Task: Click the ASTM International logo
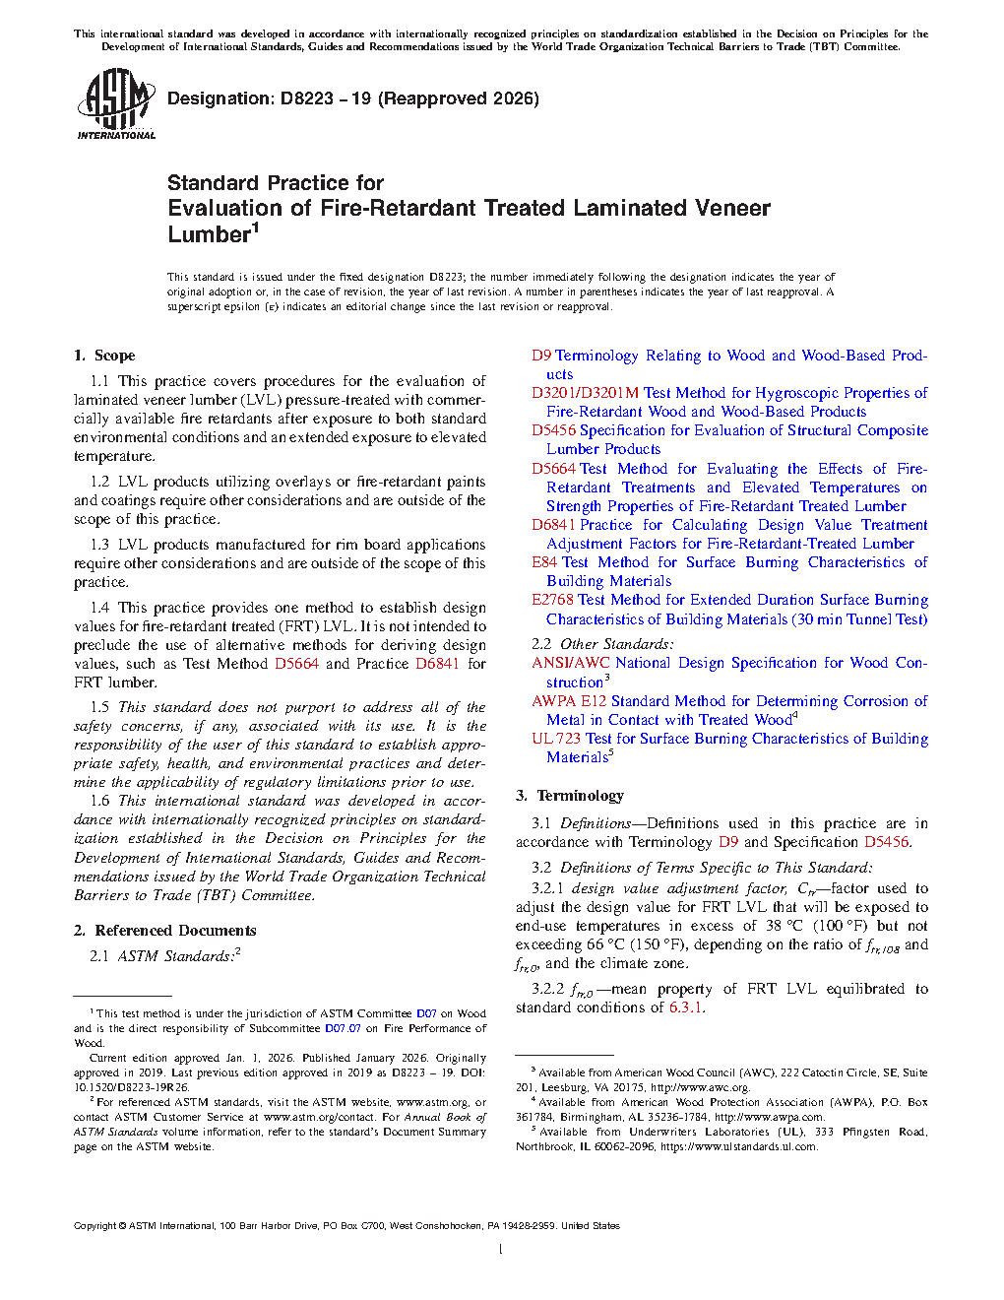tap(116, 103)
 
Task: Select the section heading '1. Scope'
tap(104, 356)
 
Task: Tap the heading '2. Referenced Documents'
tap(164, 931)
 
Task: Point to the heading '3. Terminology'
tap(570, 796)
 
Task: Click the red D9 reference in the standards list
tap(541, 356)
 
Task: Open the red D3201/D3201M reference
tap(585, 393)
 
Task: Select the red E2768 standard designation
tap(553, 600)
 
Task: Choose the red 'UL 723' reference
tap(556, 739)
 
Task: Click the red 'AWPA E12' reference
tap(569, 701)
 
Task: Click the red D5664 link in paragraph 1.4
tap(296, 664)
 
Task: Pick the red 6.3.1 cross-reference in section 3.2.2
tap(685, 1007)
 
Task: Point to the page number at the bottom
tap(501, 1249)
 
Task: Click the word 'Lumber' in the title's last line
tap(209, 234)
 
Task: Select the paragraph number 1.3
tap(99, 545)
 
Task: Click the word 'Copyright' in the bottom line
tap(94, 1226)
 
